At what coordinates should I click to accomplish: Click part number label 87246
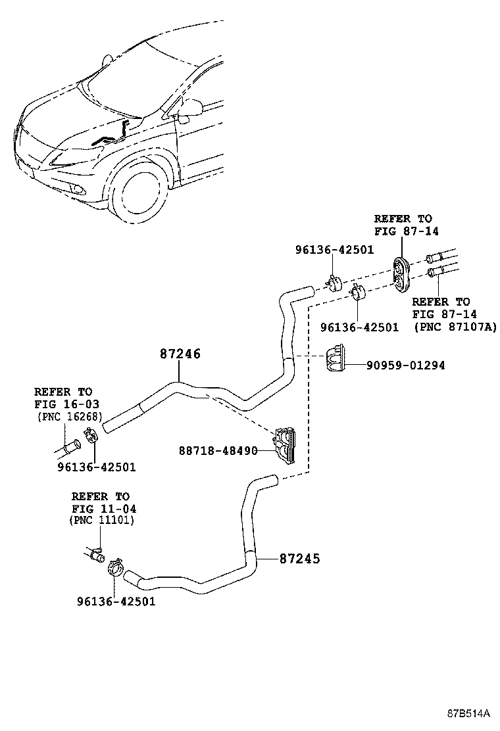pos(180,354)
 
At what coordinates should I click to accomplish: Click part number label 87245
pos(300,559)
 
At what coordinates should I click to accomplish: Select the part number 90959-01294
pos(405,365)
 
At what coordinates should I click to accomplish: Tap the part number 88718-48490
pos(218,451)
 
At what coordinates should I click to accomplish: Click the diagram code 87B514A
pos(468,713)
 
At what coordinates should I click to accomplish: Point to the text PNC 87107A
pos(455,327)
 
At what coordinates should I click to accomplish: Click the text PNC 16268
pos(70,416)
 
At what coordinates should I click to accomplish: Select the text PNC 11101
pos(102,520)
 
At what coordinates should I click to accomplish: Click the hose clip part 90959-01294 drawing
pos(335,358)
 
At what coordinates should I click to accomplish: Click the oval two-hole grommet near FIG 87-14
pos(401,275)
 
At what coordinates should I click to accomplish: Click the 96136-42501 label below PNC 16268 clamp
pos(97,467)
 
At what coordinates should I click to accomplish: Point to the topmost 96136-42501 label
pos(334,250)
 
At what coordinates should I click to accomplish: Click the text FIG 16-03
pos(66,404)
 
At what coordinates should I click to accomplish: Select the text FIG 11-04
pos(104,509)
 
